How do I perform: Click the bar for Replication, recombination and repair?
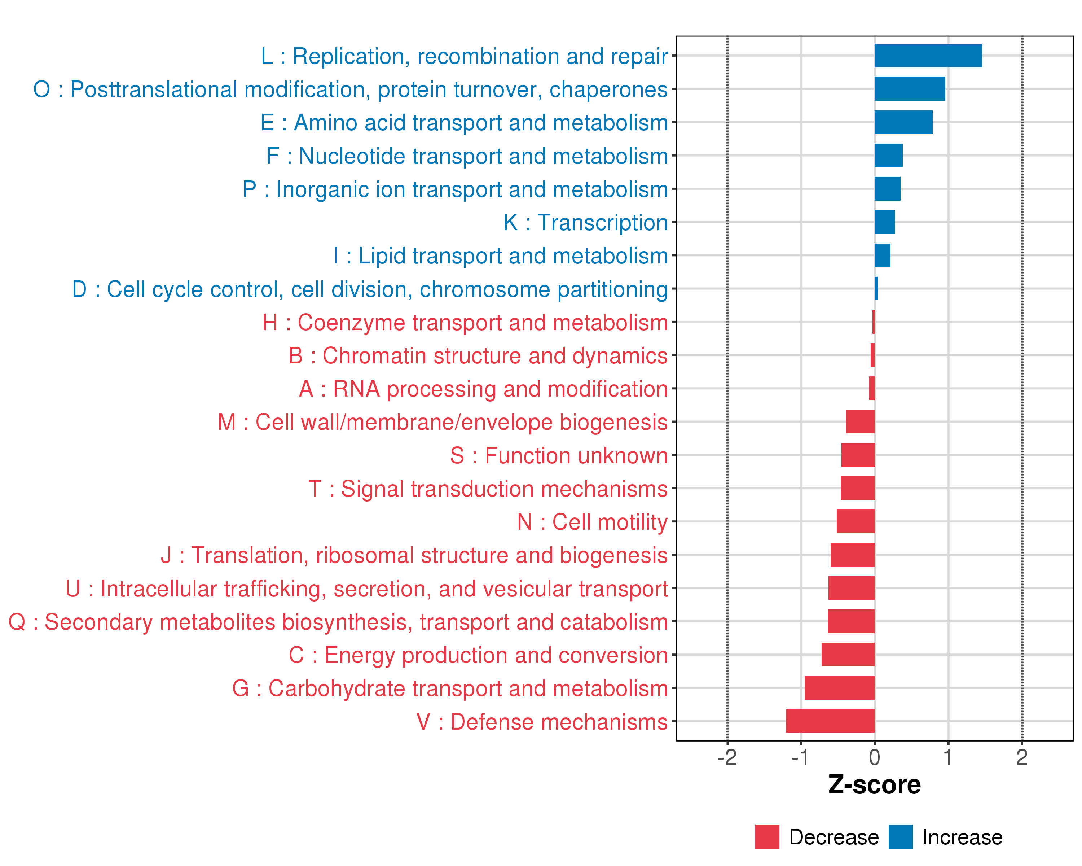(928, 56)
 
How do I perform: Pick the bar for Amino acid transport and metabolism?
(903, 122)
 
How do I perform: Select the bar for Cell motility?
(855, 522)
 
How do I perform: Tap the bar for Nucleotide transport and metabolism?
(888, 156)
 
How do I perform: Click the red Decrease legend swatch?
(767, 836)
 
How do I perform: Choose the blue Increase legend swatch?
(900, 836)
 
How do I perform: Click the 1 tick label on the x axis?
(947, 757)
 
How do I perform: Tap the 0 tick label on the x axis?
(874, 757)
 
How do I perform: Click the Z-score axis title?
(874, 785)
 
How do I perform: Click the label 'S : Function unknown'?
(559, 455)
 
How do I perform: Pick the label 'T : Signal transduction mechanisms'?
(488, 489)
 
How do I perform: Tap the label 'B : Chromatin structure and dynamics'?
(478, 355)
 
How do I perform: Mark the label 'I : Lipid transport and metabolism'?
(500, 255)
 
